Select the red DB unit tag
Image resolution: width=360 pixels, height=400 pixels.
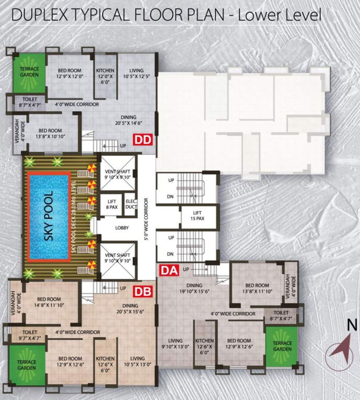(143, 292)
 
